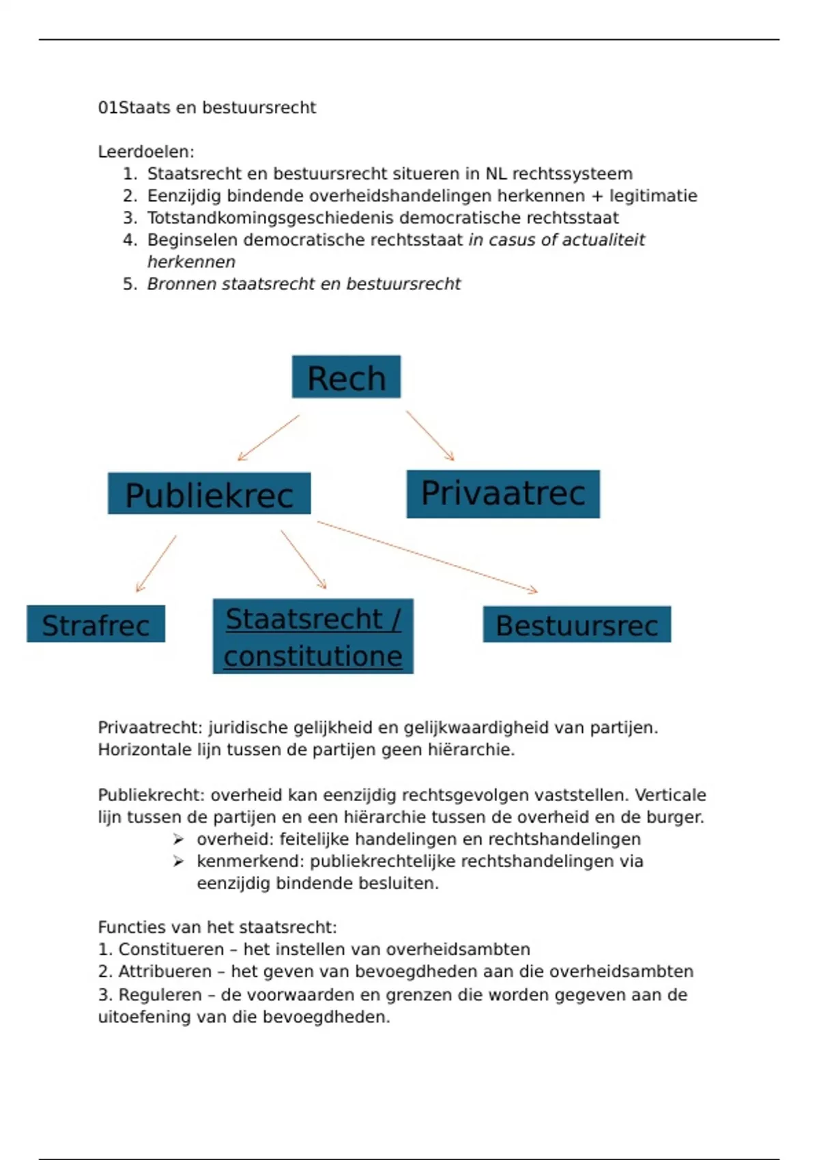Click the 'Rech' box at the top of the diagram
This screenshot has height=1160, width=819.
point(346,377)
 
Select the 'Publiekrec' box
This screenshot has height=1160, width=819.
point(209,493)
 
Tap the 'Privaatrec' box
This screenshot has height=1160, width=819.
point(503,493)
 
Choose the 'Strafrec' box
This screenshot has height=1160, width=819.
point(96,624)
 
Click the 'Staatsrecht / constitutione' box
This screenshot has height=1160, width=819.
point(313,636)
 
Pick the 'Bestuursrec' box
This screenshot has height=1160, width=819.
point(577,624)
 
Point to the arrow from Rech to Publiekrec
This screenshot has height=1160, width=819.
point(268,437)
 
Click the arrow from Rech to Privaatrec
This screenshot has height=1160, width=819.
point(430,435)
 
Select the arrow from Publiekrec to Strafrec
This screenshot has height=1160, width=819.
point(156,563)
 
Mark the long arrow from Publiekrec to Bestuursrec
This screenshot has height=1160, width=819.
point(427,557)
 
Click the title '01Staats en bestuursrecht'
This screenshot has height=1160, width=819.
point(207,108)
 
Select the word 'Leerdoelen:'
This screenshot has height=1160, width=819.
point(146,151)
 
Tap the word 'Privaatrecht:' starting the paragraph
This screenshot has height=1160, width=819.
point(150,728)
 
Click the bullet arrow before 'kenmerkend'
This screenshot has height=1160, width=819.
point(179,861)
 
